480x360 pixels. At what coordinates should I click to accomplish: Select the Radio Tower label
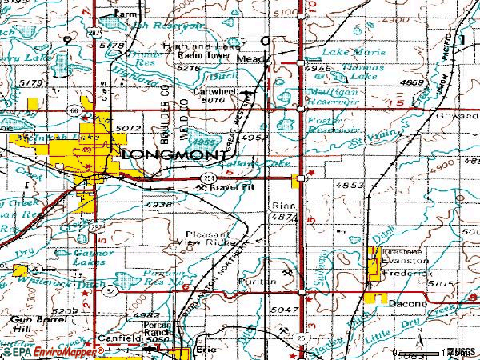click(x=199, y=55)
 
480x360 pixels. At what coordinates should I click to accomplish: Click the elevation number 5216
click(x=188, y=68)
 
